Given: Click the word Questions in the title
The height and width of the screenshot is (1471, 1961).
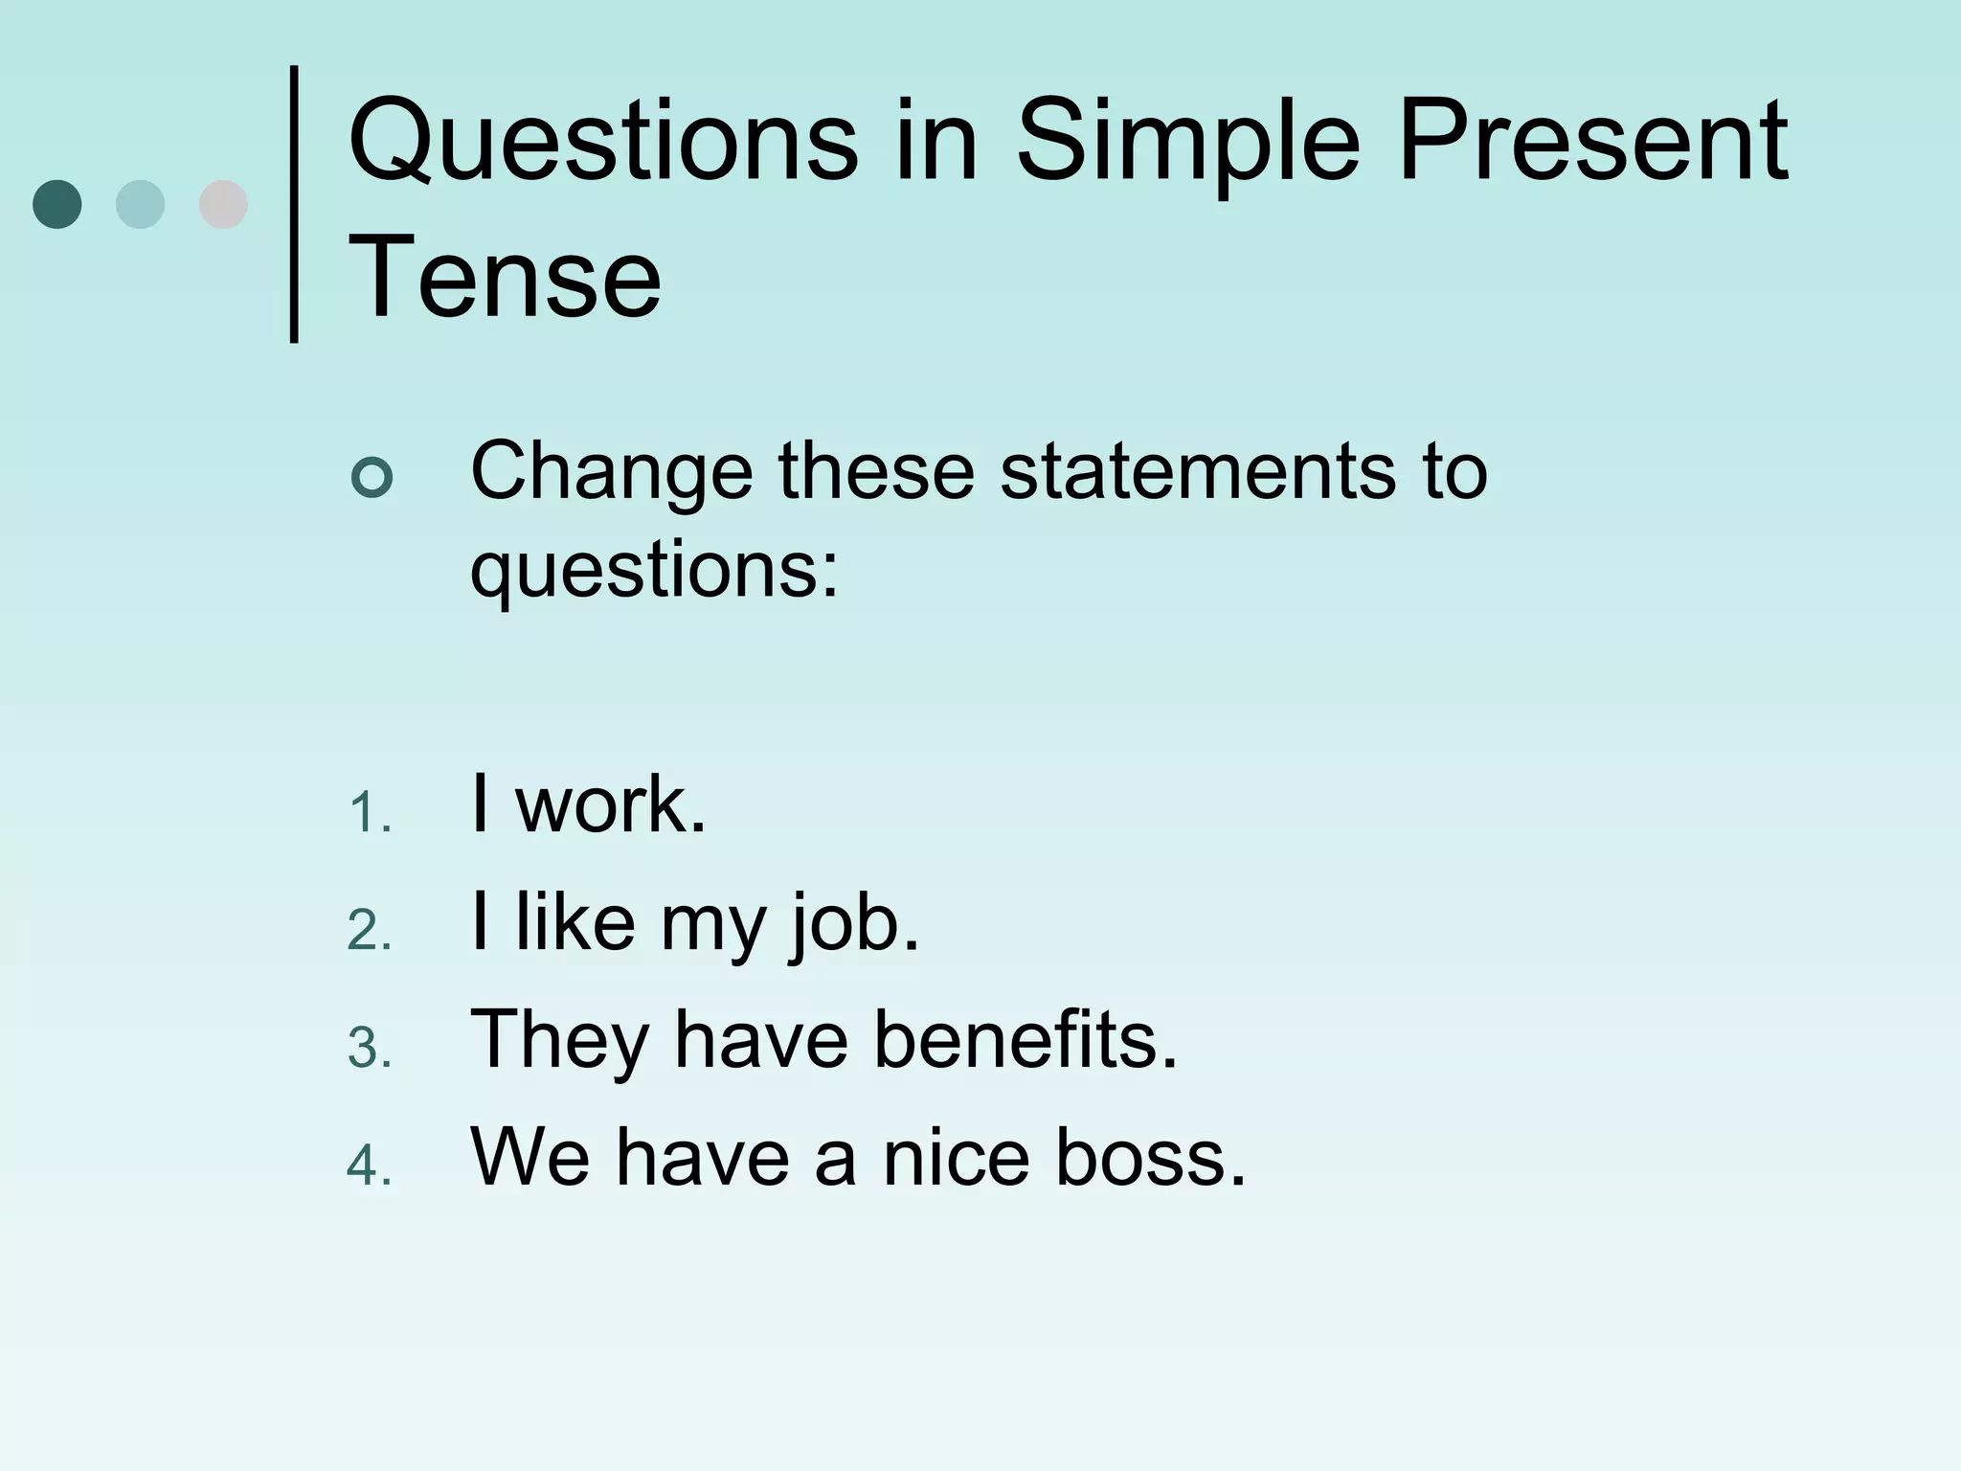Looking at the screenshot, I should pyautogui.click(x=603, y=144).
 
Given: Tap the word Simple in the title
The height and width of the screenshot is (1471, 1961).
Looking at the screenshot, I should pyautogui.click(x=1187, y=144).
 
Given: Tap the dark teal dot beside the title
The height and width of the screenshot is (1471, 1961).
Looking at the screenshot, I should pyautogui.click(x=57, y=204).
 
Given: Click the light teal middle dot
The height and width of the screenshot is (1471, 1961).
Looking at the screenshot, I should pyautogui.click(x=140, y=204).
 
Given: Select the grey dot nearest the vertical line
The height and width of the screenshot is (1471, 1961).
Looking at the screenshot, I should pyautogui.click(x=223, y=204).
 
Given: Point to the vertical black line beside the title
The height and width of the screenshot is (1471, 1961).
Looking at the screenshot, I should pyautogui.click(x=294, y=203).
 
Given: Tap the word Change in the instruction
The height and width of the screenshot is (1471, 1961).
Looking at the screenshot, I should pyautogui.click(x=612, y=471).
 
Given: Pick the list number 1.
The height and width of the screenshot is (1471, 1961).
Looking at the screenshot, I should pyautogui.click(x=369, y=815).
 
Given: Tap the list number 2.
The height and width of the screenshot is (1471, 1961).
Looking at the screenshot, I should pyautogui.click(x=369, y=932).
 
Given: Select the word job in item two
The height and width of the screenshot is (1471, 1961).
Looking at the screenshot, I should pyautogui.click(x=852, y=925).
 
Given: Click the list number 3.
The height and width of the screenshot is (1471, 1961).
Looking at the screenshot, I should pyautogui.click(x=369, y=1049).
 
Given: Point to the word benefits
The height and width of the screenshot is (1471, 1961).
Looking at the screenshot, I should pyautogui.click(x=1025, y=1040).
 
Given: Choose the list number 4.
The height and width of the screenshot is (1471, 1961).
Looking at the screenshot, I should pyautogui.click(x=369, y=1166).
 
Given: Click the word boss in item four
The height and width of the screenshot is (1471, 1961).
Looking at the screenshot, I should pyautogui.click(x=1149, y=1158).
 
